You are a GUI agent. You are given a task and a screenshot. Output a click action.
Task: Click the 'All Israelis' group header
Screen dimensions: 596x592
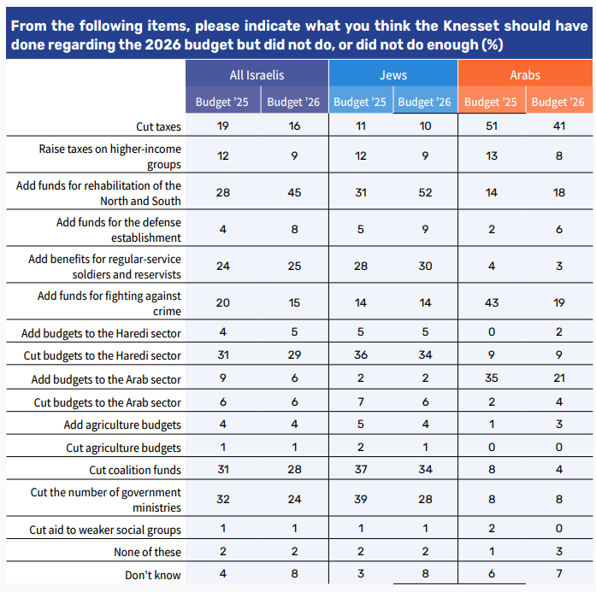(x=257, y=75)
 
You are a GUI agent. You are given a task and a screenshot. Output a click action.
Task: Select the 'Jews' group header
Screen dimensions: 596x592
(x=393, y=75)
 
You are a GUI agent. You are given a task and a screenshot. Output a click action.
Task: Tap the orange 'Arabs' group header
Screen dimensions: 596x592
(x=525, y=75)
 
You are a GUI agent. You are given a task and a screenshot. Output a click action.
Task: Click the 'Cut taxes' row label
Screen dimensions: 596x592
(x=158, y=126)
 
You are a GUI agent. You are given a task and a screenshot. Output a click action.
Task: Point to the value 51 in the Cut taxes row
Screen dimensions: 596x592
(x=492, y=126)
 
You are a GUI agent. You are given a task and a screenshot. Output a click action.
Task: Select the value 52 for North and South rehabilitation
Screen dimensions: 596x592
(x=425, y=192)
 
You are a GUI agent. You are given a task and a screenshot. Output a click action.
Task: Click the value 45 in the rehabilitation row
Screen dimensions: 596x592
(x=294, y=192)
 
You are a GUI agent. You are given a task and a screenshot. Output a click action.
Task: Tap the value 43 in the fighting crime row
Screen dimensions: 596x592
(x=492, y=302)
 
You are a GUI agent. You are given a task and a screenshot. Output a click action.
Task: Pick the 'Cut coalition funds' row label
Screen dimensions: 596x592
(x=135, y=470)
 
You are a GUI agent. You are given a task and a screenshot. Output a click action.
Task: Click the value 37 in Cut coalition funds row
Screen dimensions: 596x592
(x=361, y=469)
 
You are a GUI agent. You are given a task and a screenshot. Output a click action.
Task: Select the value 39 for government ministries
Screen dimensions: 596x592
(x=361, y=499)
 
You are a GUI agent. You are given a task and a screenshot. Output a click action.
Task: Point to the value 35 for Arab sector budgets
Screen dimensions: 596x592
(x=492, y=378)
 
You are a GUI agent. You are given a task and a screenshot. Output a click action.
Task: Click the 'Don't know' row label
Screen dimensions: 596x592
(x=153, y=575)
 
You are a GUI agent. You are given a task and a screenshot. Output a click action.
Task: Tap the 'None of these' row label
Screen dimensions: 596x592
(x=147, y=552)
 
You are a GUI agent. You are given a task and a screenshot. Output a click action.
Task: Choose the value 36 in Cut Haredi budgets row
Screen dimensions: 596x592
(x=361, y=355)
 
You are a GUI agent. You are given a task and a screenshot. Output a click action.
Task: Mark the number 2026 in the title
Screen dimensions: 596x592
(x=162, y=44)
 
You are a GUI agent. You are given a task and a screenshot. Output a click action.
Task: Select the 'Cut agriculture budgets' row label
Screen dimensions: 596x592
(x=123, y=448)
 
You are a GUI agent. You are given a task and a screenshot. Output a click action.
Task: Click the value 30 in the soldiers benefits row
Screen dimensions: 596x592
(x=425, y=266)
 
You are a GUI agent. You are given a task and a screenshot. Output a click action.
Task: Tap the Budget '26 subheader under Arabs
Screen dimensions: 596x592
(x=558, y=102)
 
